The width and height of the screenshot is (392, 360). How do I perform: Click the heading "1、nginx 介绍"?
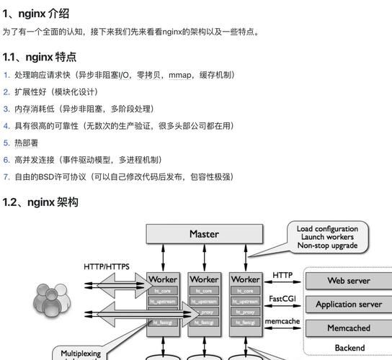click(x=36, y=12)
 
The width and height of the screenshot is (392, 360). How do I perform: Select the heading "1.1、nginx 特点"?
click(x=40, y=57)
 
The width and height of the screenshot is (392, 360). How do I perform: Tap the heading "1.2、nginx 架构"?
click(x=40, y=202)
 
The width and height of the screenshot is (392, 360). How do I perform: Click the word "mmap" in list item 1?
click(x=180, y=75)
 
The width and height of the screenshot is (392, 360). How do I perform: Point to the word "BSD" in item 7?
click(x=48, y=176)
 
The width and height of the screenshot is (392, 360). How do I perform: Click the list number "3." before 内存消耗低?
click(x=6, y=109)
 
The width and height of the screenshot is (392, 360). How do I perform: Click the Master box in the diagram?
click(x=204, y=234)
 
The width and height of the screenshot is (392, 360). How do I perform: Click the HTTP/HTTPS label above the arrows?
click(x=107, y=266)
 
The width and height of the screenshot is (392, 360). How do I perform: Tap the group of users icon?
click(x=51, y=301)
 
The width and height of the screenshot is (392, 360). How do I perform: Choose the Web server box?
click(x=349, y=281)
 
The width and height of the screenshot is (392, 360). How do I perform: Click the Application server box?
click(x=349, y=305)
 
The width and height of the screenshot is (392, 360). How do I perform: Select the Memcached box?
click(x=349, y=328)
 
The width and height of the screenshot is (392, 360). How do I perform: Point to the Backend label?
click(x=349, y=348)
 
